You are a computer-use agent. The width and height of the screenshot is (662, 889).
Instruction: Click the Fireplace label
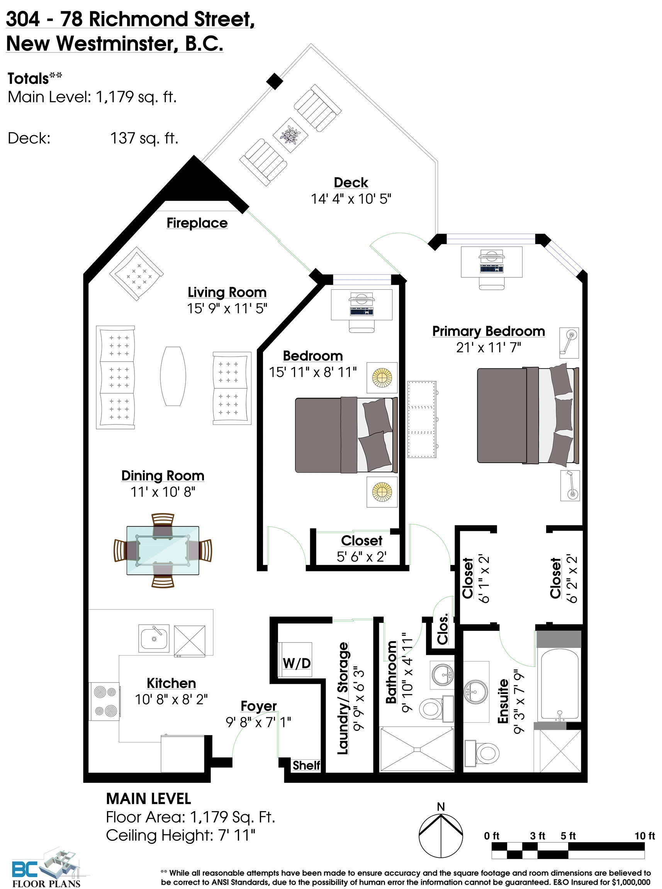pyautogui.click(x=197, y=223)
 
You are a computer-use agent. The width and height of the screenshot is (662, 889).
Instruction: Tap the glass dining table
pyautogui.click(x=163, y=550)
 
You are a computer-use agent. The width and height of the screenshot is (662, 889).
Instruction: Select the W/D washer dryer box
pyautogui.click(x=296, y=663)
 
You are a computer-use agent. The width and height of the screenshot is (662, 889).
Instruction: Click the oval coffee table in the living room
pyautogui.click(x=173, y=376)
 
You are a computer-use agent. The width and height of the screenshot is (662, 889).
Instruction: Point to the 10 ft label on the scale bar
pyautogui.click(x=644, y=836)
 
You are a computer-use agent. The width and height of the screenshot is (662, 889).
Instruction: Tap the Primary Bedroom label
pyautogui.click(x=489, y=331)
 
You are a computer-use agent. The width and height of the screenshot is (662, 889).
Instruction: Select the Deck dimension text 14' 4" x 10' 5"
pyautogui.click(x=351, y=199)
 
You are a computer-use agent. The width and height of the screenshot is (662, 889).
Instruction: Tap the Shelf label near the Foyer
pyautogui.click(x=306, y=765)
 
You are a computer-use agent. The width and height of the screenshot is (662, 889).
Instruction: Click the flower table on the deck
pyautogui.click(x=290, y=135)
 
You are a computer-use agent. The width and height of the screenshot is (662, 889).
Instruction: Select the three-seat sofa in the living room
pyautogui.click(x=115, y=377)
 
